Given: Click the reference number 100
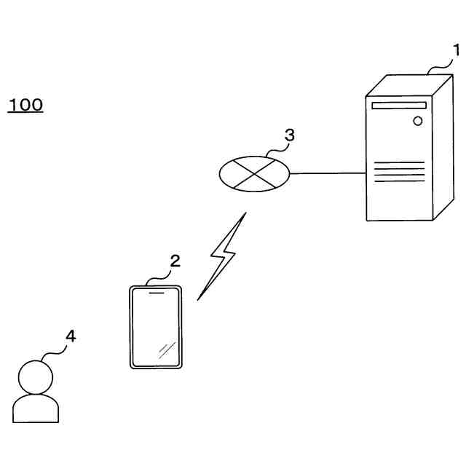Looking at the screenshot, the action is coord(25,105).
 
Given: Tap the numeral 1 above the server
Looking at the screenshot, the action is coord(457,50).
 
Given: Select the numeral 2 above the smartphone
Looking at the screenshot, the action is coord(175,261).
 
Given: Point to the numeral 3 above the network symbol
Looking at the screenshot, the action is coord(289,135).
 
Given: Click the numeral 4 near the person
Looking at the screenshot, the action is coord(70,336).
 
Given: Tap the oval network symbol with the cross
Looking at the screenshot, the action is coord(254,174).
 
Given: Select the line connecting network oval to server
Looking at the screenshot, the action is coord(327,173).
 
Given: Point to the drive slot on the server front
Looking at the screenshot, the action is coord(398,106).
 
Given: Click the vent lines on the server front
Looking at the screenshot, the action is coord(398,173).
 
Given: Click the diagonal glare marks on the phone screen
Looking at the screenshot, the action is coord(167,350).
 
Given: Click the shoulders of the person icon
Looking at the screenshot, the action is coord(36,408).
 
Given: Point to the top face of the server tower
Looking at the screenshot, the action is coord(408,84).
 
